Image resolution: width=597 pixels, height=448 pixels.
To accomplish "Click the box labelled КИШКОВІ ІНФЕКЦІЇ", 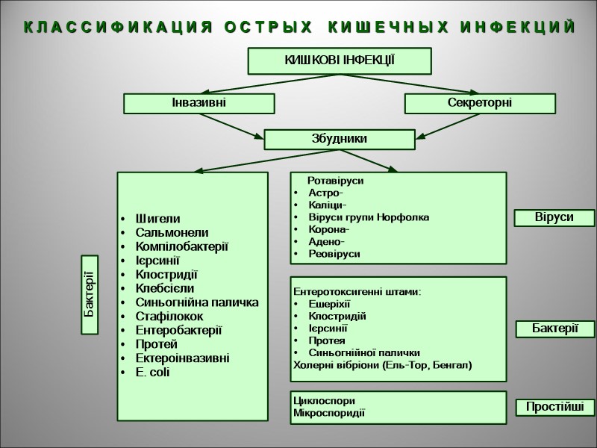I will [340, 60].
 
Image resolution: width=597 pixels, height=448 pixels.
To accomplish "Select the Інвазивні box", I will [199, 103].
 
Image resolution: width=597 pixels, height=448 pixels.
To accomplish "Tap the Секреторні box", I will [480, 103].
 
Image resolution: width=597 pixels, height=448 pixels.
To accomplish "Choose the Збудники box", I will [340, 139].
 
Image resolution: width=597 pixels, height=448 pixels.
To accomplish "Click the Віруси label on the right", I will [554, 217].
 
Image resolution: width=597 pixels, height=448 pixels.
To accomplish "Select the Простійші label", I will [554, 408].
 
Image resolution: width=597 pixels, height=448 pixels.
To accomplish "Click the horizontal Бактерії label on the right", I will [554, 329].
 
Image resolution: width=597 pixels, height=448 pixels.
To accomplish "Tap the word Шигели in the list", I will [157, 219].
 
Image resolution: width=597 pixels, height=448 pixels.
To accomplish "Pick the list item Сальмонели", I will [172, 232].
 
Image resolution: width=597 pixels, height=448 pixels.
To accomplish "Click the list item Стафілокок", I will [171, 316].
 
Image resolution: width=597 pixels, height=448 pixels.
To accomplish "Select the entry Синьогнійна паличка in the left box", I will [197, 302].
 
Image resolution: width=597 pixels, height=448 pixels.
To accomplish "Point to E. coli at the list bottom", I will [153, 372].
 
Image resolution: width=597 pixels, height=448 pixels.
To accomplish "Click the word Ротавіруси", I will [335, 181].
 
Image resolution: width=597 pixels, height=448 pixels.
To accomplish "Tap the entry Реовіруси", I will [334, 254].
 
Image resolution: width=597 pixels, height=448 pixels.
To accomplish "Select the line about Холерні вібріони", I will [383, 365].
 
